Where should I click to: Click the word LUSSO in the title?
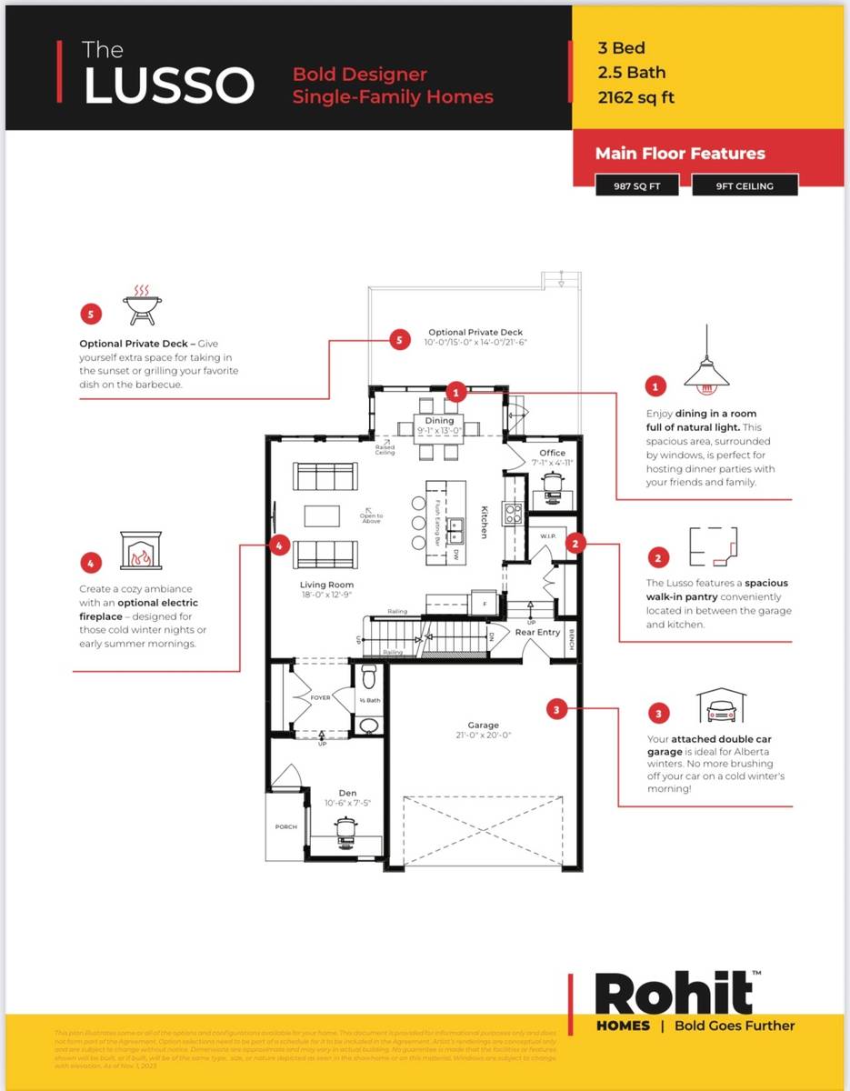[x=169, y=85]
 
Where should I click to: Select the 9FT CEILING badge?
[x=744, y=186]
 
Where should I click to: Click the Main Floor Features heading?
[x=679, y=154]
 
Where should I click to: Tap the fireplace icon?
[x=140, y=551]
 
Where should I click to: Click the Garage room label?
[x=483, y=726]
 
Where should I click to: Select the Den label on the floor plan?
[x=347, y=793]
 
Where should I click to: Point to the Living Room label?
[x=326, y=585]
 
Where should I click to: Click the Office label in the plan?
[x=552, y=452]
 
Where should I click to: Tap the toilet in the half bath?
[x=369, y=677]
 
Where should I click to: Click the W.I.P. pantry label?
[x=547, y=535]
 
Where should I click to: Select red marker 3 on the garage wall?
[x=558, y=707]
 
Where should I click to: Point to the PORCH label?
[x=286, y=827]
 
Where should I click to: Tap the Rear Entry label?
[x=537, y=632]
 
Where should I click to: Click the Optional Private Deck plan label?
[x=475, y=333]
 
